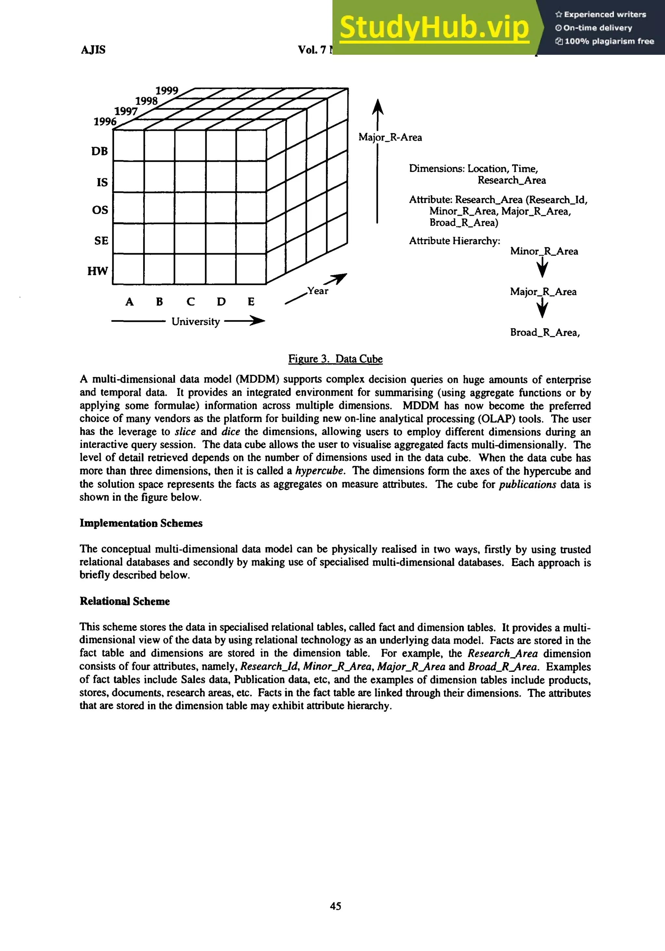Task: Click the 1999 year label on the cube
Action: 167,91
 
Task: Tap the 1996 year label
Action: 105,122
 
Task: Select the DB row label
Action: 99,152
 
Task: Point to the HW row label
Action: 98,271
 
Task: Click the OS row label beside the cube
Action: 100,210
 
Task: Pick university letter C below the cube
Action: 190,302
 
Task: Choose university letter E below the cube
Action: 251,302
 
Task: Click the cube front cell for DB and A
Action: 129,145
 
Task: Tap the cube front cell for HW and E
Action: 251,269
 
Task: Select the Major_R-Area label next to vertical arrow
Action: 390,138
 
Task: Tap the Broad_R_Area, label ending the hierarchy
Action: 545,333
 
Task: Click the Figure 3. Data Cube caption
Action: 335,359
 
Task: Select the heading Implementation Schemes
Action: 141,523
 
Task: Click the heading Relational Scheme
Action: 125,601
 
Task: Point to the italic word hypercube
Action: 320,471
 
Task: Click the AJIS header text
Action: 93,50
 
